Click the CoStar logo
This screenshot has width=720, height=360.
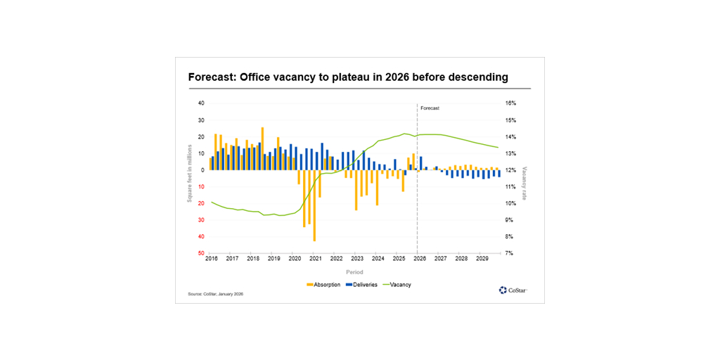513,290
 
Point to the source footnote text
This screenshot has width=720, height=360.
215,294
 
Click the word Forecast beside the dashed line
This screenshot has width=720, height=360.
430,108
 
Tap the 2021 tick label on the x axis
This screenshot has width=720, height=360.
316,259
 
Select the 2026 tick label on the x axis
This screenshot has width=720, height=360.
420,259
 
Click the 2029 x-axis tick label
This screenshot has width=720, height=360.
482,259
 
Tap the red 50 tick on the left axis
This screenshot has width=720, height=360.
200,253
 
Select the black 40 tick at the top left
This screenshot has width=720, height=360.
200,103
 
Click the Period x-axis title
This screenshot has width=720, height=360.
354,271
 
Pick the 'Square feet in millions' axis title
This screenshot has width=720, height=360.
189,172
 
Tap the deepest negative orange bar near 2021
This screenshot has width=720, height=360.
314,205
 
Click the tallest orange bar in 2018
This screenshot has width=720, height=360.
262,148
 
